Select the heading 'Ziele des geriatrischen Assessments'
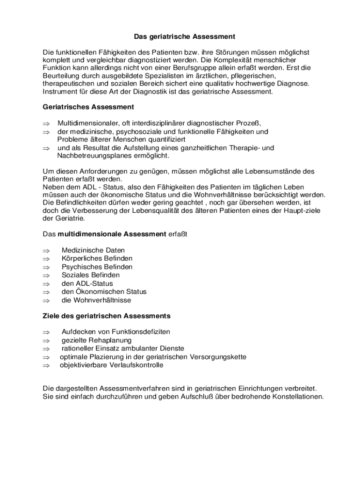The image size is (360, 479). click(x=107, y=316)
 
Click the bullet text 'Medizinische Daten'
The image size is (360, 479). click(x=93, y=250)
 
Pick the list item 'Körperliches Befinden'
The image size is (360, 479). click(x=97, y=259)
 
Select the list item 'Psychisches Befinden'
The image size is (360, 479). click(x=97, y=267)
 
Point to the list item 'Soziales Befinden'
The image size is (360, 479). click(x=91, y=275)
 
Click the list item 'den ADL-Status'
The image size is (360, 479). click(x=87, y=283)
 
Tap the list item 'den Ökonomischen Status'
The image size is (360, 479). click(x=104, y=292)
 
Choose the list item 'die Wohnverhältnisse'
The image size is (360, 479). click(x=96, y=300)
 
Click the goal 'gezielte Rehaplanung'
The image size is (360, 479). click(x=96, y=340)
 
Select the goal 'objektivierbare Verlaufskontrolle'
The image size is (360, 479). click(x=111, y=365)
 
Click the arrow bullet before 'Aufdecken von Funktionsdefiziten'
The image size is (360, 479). click(x=46, y=332)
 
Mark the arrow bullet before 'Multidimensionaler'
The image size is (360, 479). click(x=46, y=123)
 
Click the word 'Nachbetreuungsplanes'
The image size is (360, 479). click(x=93, y=156)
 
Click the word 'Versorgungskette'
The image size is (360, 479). click(x=217, y=357)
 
